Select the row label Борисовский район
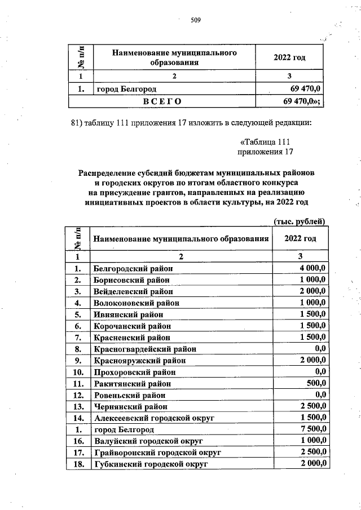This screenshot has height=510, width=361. [133, 280]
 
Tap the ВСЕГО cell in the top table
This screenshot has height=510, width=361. [162, 101]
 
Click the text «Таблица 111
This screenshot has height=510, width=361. [265, 141]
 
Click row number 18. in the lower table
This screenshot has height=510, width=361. [78, 464]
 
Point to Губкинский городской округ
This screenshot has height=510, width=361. [151, 464]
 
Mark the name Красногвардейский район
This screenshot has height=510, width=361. [141, 349]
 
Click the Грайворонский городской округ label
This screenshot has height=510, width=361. [157, 453]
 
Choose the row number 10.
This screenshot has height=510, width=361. [78, 372]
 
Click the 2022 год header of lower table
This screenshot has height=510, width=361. [300, 238]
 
